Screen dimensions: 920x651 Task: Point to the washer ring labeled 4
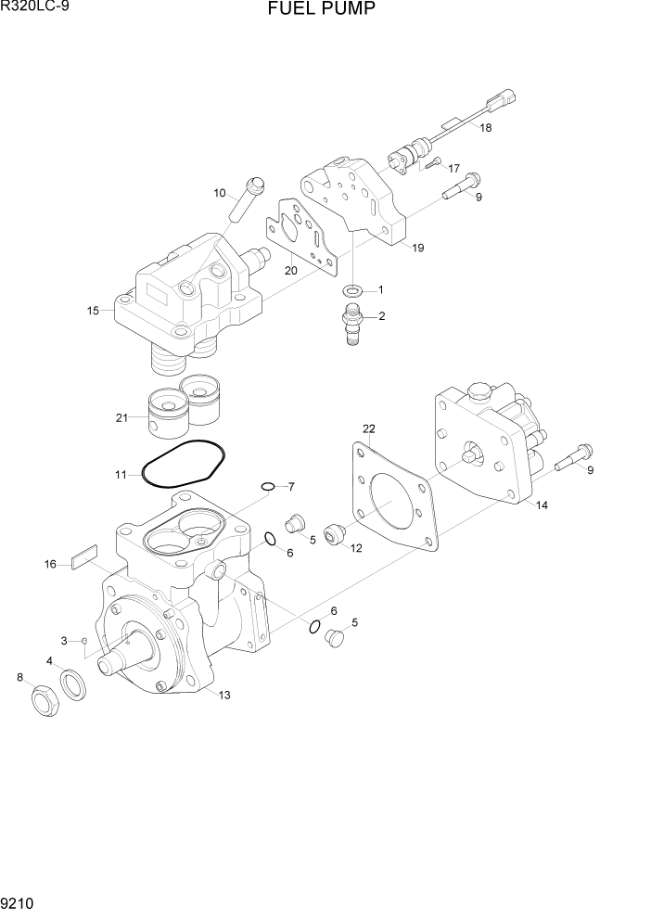[74, 687]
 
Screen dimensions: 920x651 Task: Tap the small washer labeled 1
[352, 291]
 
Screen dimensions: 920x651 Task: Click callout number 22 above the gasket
[368, 428]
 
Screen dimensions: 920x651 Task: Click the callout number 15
[93, 311]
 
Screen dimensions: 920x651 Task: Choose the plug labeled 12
[335, 535]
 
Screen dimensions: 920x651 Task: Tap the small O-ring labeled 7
[267, 486]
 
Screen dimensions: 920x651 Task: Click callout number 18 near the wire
[486, 128]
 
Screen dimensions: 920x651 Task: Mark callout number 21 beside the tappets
[121, 418]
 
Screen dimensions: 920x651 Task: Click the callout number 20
[290, 271]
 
